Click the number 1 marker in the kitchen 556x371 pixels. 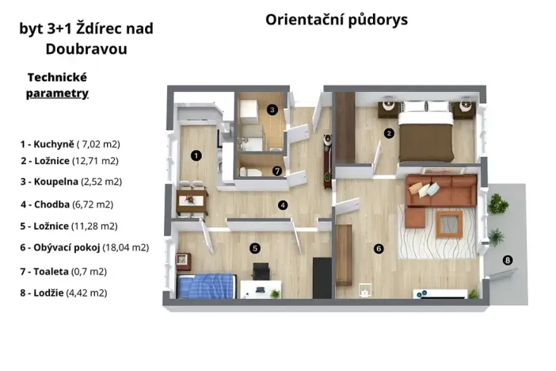(x=196, y=155)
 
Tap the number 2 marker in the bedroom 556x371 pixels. (x=389, y=133)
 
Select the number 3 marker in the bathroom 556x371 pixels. (x=272, y=109)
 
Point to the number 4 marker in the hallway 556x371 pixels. (x=283, y=205)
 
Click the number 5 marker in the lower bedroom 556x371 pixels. (x=255, y=248)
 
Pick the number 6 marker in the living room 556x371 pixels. (x=379, y=249)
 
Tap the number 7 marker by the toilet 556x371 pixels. (x=276, y=170)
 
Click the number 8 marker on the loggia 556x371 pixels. (x=508, y=259)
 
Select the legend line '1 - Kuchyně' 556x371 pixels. (x=70, y=144)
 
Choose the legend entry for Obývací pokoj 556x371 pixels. (x=85, y=247)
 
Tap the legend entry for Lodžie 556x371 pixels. (x=64, y=293)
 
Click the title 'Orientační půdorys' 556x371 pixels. (x=337, y=20)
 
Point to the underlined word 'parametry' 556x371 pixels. (x=57, y=94)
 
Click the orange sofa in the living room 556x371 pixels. (x=440, y=190)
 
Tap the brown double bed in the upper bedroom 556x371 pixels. (x=426, y=135)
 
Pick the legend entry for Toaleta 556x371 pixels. (x=64, y=271)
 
